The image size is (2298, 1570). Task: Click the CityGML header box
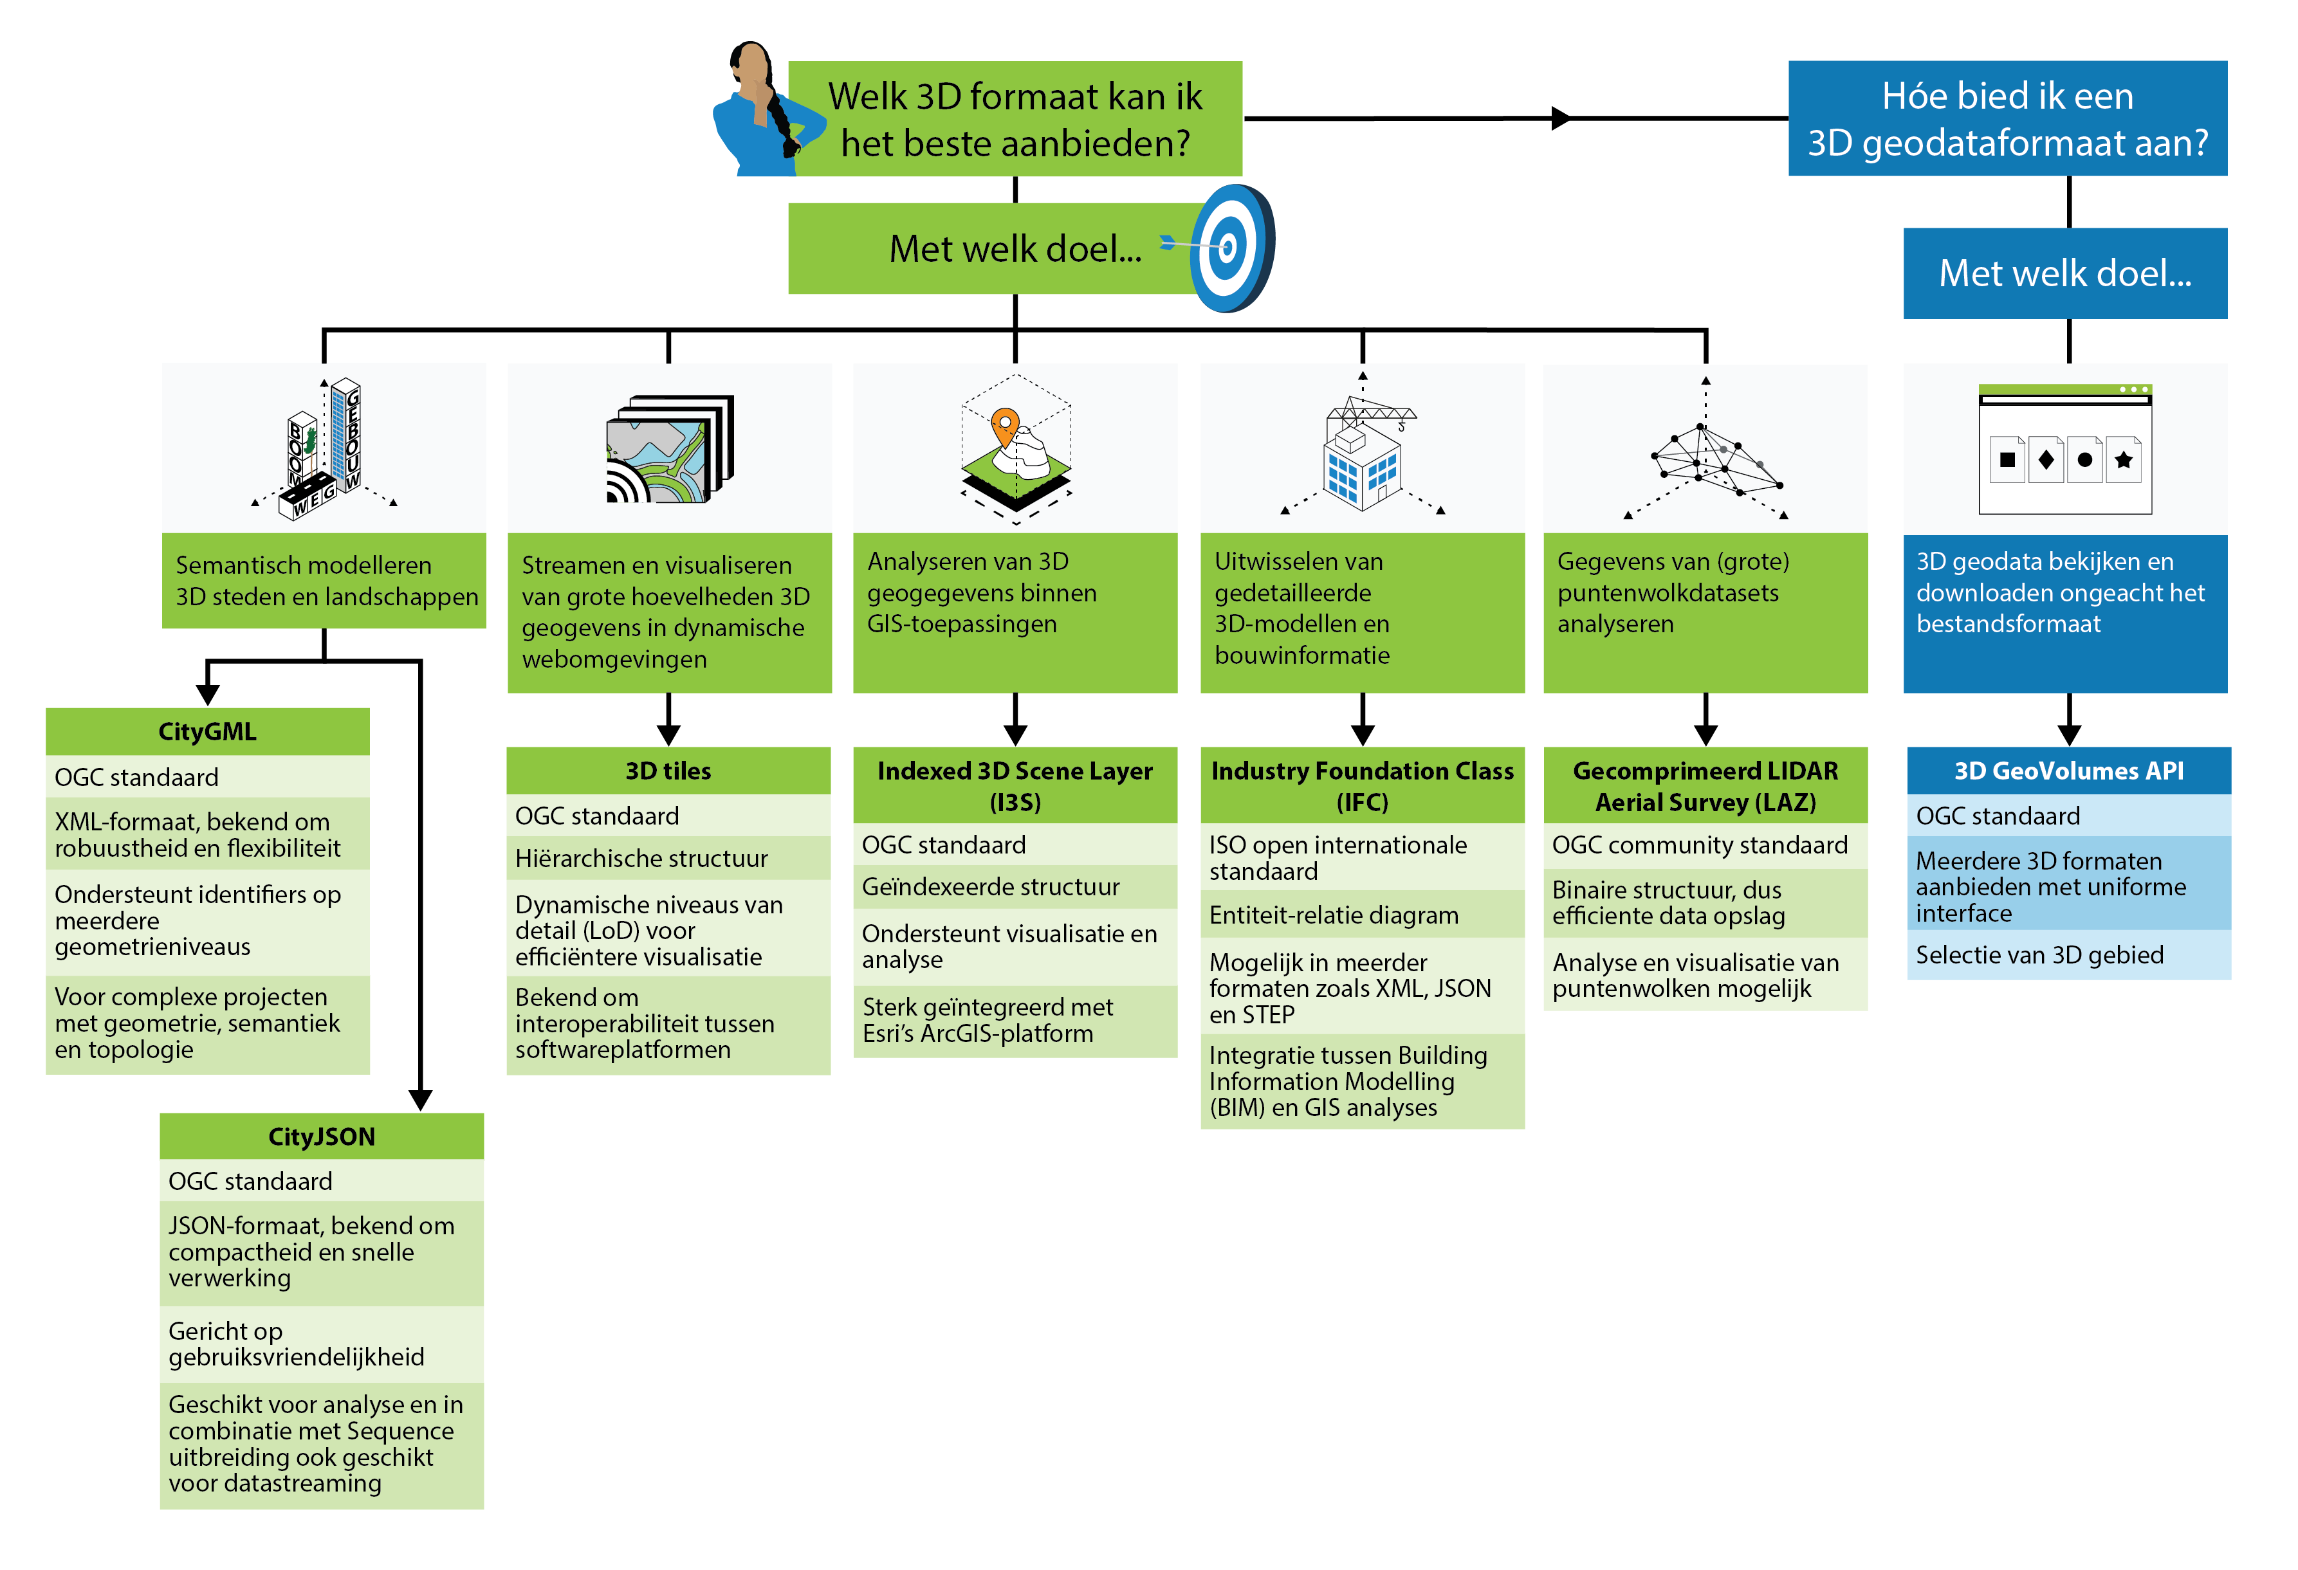click(208, 731)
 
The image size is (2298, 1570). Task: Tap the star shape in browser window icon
click(2123, 460)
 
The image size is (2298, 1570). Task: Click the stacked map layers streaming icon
click(670, 450)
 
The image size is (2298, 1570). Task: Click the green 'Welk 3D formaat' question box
click(1016, 118)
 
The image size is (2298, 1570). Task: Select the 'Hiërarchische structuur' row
click(668, 858)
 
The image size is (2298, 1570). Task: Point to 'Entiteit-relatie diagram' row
click(1363, 915)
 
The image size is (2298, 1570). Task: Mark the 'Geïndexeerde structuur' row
click(1016, 887)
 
